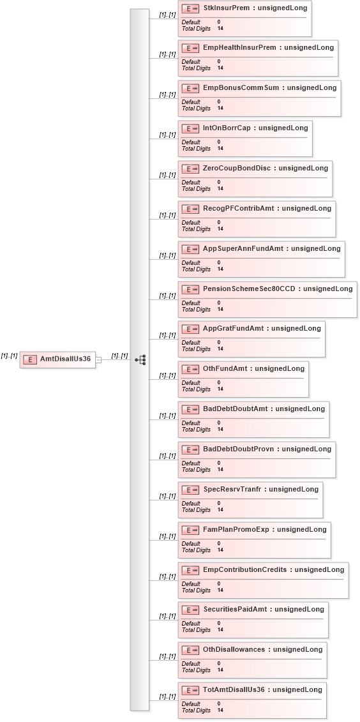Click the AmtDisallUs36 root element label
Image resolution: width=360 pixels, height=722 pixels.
[65, 359]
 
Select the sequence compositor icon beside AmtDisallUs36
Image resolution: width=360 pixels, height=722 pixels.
[141, 359]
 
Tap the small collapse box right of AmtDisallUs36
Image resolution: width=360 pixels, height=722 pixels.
[98, 360]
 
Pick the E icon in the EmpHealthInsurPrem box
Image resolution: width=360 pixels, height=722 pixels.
[190, 48]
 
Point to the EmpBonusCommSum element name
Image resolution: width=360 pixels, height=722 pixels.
[241, 87]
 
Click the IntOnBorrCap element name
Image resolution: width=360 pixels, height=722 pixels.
[227, 128]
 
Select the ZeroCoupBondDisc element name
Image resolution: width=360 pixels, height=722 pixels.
[237, 168]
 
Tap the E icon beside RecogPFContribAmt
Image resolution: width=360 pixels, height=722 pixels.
[190, 209]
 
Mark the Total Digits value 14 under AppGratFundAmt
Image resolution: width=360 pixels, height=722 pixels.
[220, 349]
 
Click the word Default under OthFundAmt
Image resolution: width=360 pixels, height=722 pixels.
[191, 382]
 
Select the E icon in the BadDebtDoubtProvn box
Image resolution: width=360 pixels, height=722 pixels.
[190, 449]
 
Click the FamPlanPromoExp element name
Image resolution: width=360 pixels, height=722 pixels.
[236, 529]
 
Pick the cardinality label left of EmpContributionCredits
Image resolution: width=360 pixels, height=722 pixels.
[168, 576]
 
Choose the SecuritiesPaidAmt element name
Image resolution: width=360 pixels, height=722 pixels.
[235, 609]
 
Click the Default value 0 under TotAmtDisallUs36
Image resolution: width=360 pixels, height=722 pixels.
[219, 703]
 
